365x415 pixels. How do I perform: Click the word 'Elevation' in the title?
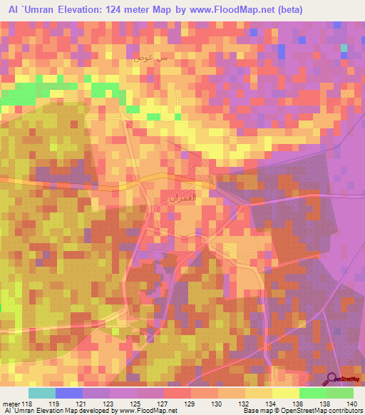point(78,9)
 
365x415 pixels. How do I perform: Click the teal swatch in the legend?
point(42,393)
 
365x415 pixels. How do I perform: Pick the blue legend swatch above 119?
point(69,393)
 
